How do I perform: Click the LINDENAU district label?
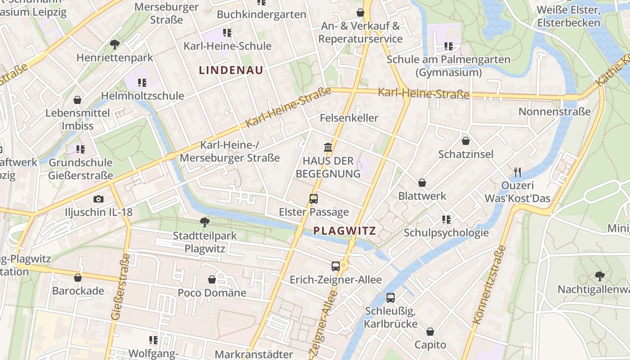pyautogui.click(x=231, y=70)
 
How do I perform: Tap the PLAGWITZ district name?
pyautogui.click(x=344, y=231)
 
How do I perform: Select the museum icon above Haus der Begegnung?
pyautogui.click(x=328, y=147)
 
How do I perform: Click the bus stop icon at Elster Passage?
pyautogui.click(x=314, y=198)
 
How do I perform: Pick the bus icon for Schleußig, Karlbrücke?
pyautogui.click(x=391, y=297)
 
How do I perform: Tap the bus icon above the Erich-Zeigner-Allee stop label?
pyautogui.click(x=335, y=266)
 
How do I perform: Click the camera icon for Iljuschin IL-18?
pyautogui.click(x=99, y=199)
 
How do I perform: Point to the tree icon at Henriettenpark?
pyautogui.click(x=115, y=44)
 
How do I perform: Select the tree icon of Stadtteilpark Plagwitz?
pyautogui.click(x=205, y=222)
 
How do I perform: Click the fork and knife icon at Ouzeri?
pyautogui.click(x=517, y=172)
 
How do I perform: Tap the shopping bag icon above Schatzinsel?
pyautogui.click(x=466, y=141)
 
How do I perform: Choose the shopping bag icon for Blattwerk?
pyautogui.click(x=422, y=183)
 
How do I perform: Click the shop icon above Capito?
pyautogui.click(x=430, y=332)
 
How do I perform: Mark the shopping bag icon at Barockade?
pyautogui.click(x=78, y=278)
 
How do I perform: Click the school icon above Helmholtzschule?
pyautogui.click(x=142, y=82)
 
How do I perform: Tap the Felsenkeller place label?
pyautogui.click(x=349, y=118)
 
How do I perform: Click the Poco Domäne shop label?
pyautogui.click(x=212, y=293)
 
